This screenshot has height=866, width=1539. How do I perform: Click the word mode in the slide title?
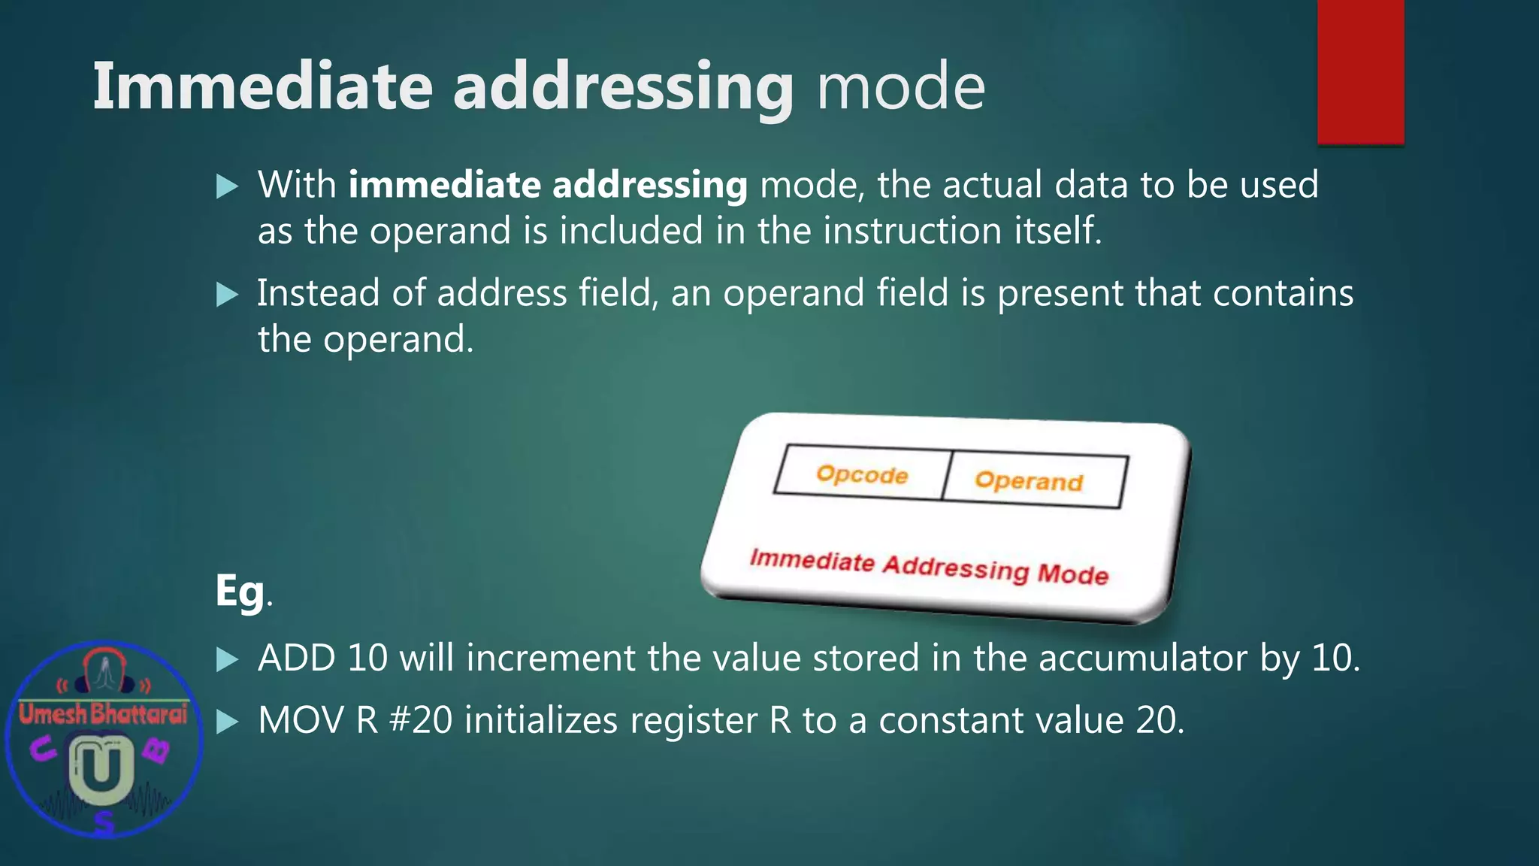[900, 86]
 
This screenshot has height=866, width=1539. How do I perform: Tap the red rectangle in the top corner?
[1360, 71]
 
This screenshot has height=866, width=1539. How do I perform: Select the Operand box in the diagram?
[1030, 480]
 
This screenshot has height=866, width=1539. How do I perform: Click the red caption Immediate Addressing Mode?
[929, 567]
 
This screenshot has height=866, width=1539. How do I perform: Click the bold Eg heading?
[240, 591]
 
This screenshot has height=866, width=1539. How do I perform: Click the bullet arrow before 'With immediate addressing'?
[227, 186]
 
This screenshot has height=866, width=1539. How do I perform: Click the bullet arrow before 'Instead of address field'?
[227, 294]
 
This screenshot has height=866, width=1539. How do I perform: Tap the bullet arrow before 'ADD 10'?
[227, 659]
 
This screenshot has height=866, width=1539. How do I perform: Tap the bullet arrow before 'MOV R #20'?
[227, 722]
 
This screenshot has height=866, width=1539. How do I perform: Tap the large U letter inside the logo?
[101, 768]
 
